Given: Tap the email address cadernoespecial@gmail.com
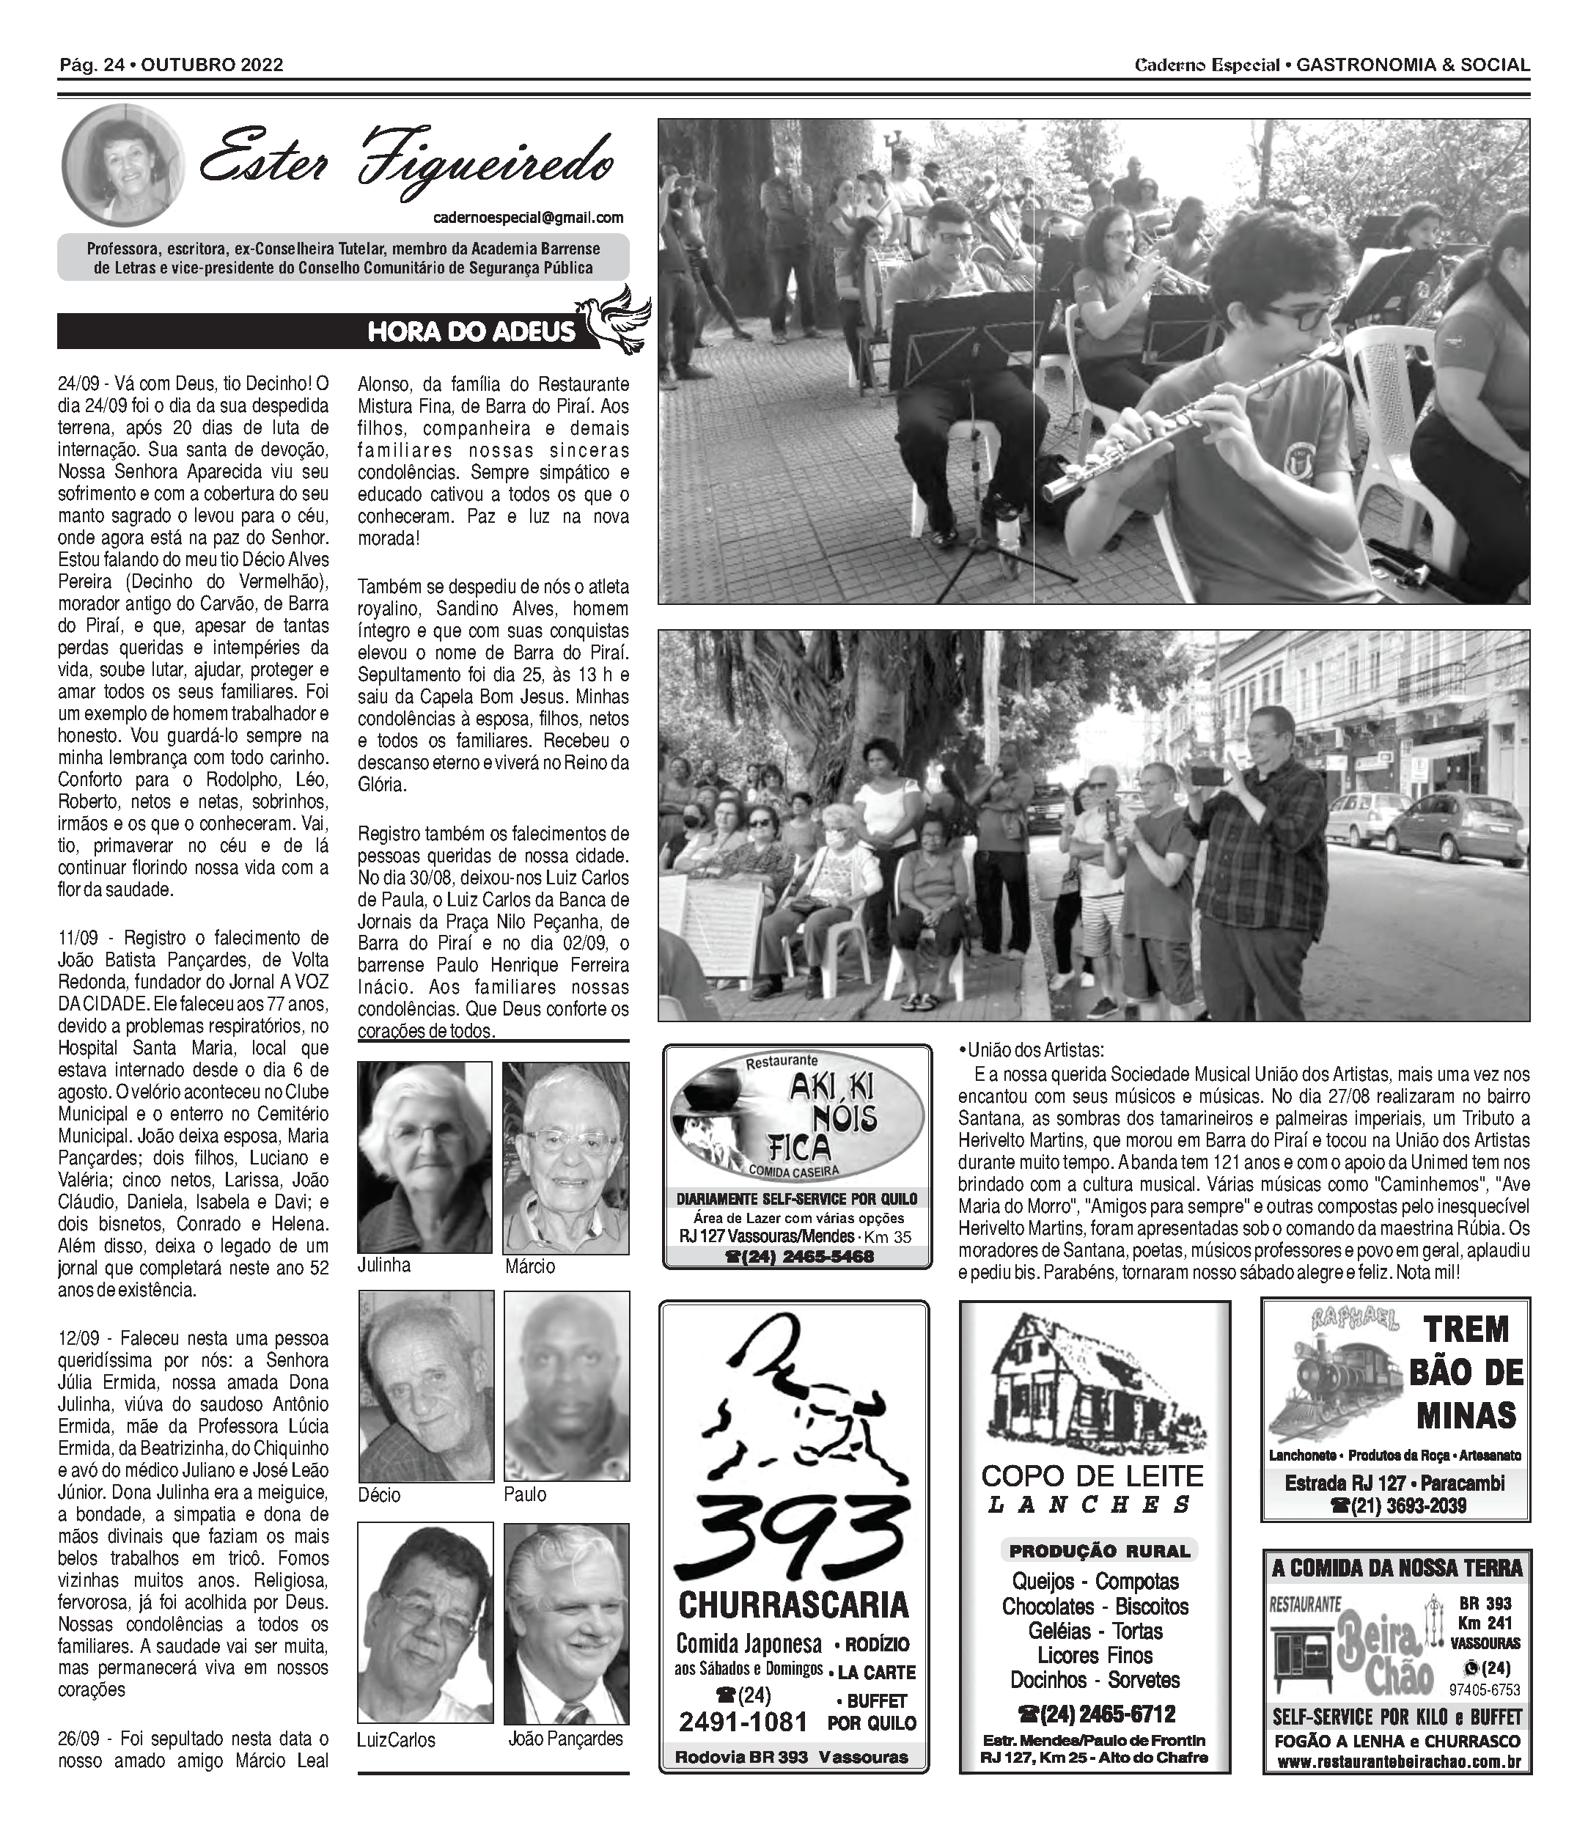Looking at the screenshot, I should (528, 217).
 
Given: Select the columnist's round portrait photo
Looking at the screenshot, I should (122, 166).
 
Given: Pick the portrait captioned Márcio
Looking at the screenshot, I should (565, 1157).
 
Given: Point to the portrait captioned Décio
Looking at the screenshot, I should (426, 1385).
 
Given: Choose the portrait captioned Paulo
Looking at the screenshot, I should (566, 1385).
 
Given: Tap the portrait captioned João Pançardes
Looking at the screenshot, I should (566, 1622).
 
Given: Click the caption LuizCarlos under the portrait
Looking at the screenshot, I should (396, 1740).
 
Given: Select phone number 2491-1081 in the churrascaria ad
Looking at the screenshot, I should (743, 1721).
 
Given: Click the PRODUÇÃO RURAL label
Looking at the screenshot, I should (1099, 1551).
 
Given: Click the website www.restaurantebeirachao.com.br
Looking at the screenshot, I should (1398, 1762).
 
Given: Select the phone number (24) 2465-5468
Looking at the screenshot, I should (799, 1257).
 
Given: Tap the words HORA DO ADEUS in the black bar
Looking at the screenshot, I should (471, 331).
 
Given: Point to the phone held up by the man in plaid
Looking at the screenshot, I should (1207, 776).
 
